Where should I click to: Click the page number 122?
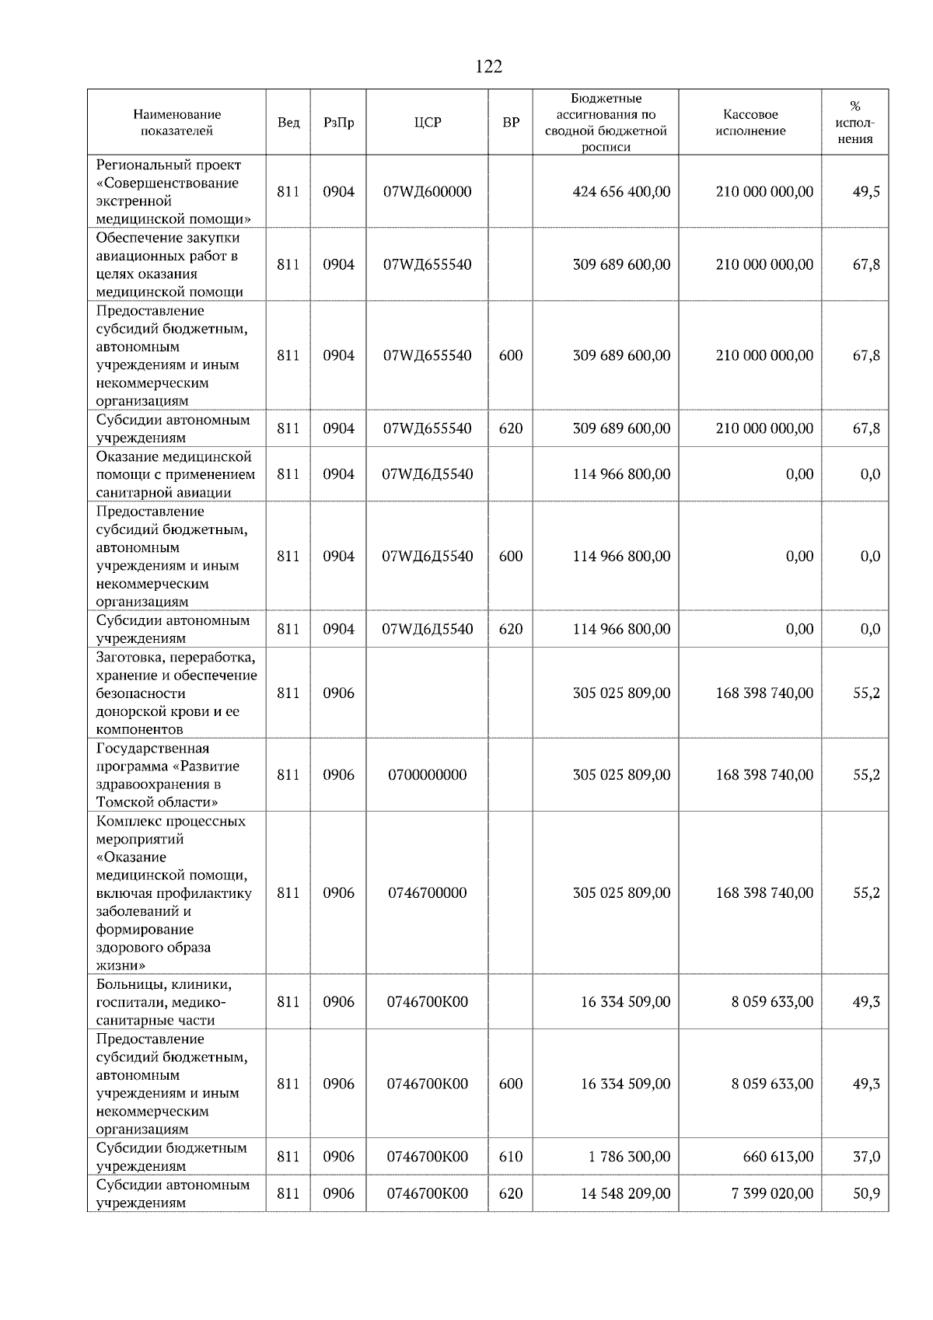click(488, 67)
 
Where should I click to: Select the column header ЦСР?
click(427, 123)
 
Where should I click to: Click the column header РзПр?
click(338, 123)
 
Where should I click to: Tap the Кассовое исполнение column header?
click(750, 123)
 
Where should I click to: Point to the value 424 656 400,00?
click(620, 192)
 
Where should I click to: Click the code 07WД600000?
click(427, 192)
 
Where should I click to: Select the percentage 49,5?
click(866, 192)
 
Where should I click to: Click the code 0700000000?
click(427, 775)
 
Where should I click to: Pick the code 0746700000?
click(427, 893)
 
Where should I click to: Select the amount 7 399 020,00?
click(772, 1193)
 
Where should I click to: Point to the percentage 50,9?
click(866, 1193)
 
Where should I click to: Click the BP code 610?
click(510, 1157)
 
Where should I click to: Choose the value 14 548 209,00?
click(625, 1193)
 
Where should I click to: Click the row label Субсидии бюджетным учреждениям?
click(172, 1157)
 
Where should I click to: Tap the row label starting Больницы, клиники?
click(163, 1002)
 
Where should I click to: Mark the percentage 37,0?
click(866, 1157)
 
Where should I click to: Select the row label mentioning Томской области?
click(167, 775)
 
